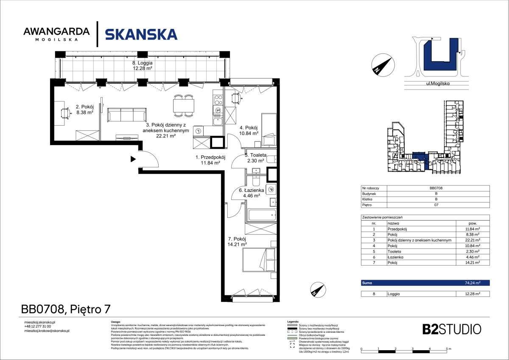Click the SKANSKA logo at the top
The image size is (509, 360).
[x=141, y=34]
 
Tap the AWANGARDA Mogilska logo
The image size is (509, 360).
[x=56, y=34]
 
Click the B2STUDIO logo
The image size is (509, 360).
[x=452, y=329]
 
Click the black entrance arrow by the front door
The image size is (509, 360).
[x=133, y=159]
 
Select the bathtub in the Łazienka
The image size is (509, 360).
[x=262, y=214]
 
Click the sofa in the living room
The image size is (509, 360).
[x=127, y=115]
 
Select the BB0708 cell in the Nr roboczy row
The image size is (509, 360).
[x=436, y=188]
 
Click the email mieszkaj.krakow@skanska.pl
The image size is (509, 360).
[x=47, y=330]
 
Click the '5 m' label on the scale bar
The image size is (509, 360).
[x=448, y=348]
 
